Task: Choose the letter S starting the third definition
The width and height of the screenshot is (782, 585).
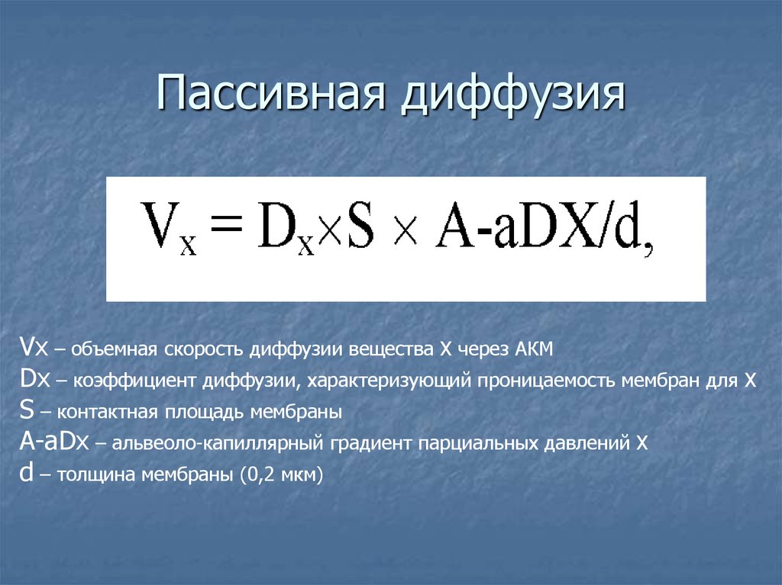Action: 27,411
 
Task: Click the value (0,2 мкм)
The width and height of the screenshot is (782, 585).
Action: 281,474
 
